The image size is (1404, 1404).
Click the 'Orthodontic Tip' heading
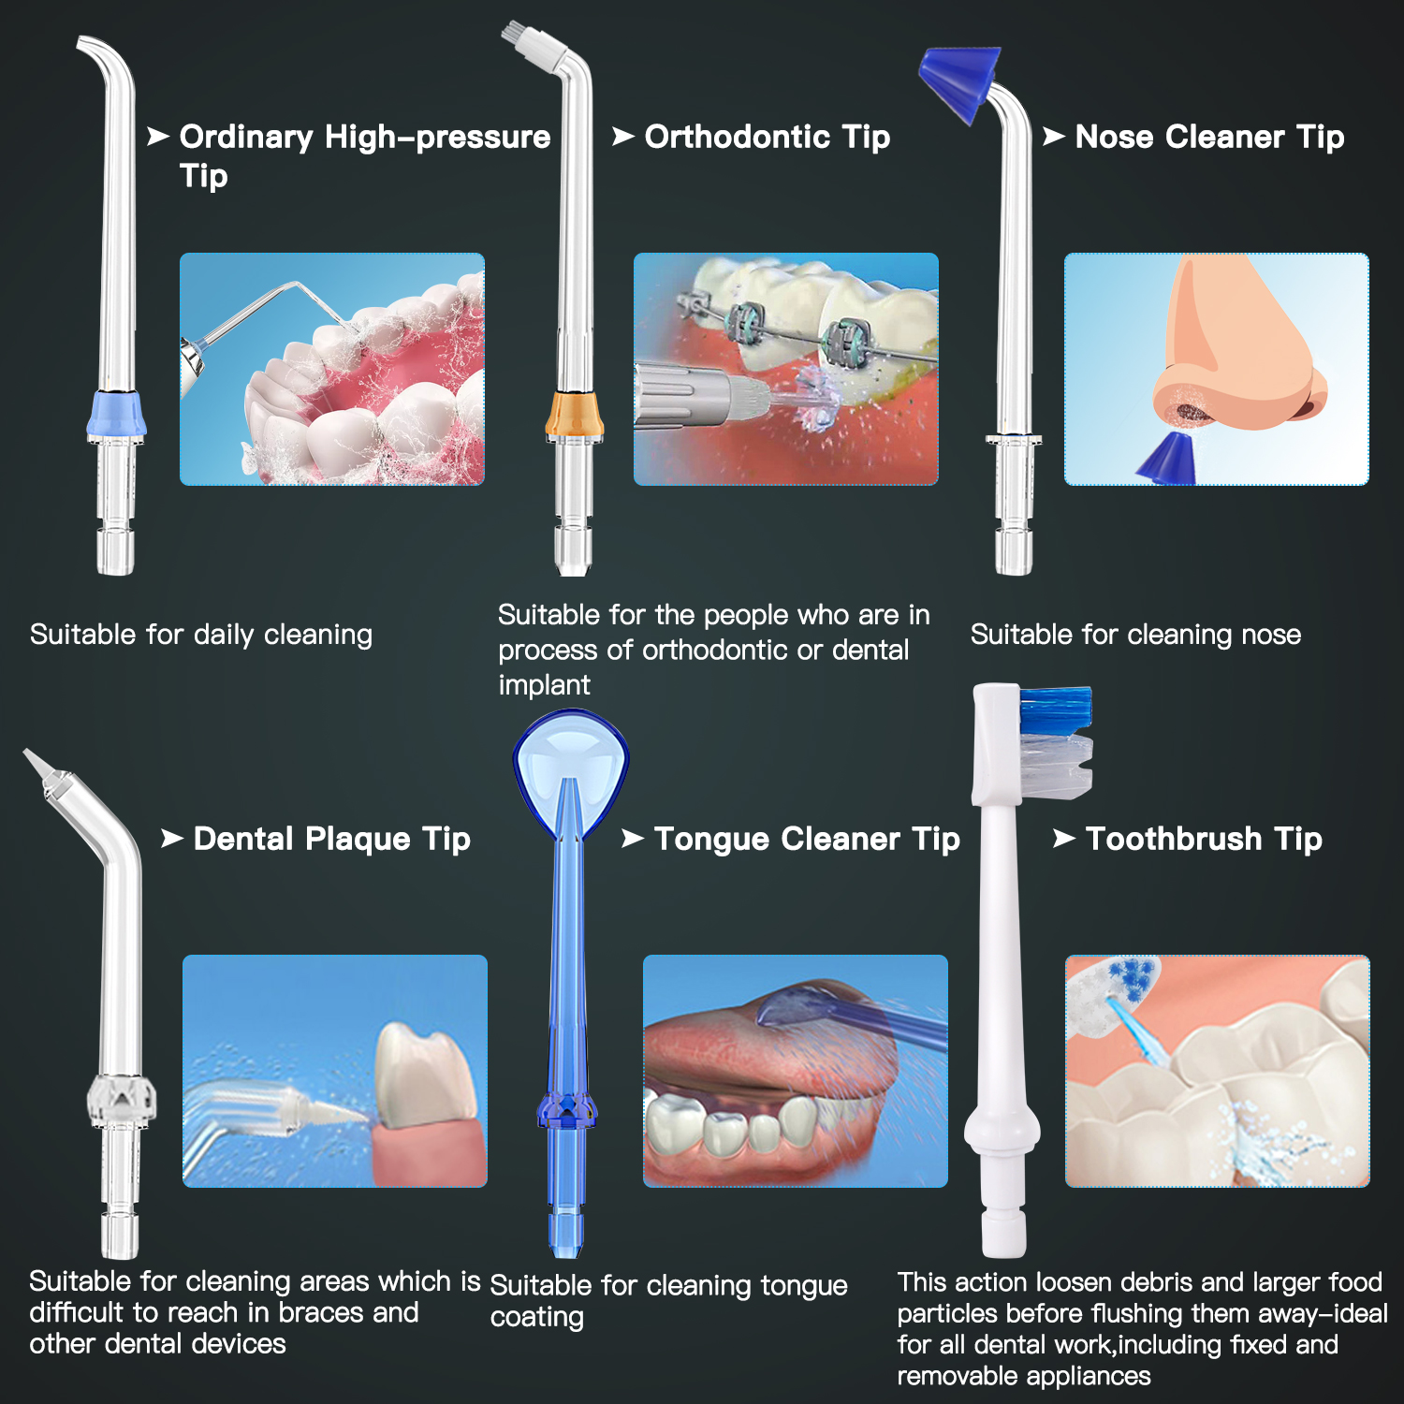tap(767, 137)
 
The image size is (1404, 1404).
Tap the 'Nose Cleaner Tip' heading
tap(1208, 137)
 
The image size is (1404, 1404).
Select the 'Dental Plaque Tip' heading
tap(331, 839)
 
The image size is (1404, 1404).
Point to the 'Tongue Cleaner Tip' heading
tap(806, 839)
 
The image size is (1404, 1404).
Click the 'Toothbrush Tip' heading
tap(1203, 839)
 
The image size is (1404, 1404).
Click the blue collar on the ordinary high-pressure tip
tap(117, 415)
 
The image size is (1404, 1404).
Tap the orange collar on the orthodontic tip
tap(574, 415)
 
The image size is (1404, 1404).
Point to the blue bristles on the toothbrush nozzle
tap(1056, 710)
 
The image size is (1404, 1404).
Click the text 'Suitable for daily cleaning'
tap(201, 635)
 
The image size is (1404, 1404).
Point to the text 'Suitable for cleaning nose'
tap(1135, 635)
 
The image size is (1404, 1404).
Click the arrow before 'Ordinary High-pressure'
tap(157, 137)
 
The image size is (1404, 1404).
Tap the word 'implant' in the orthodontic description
tap(544, 685)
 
